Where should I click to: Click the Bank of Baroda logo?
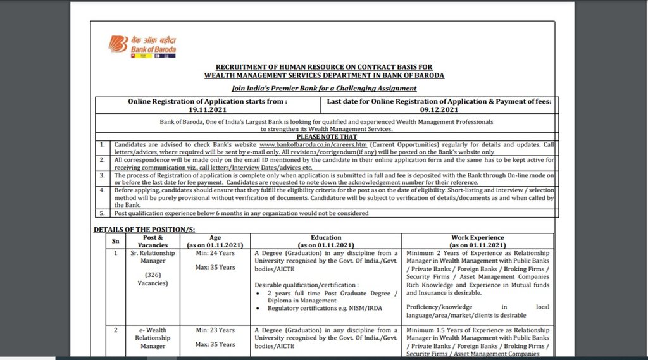click(143, 46)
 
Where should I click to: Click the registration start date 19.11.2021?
click(208, 109)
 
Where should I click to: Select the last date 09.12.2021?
click(439, 109)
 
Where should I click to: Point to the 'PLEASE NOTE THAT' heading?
click(327, 137)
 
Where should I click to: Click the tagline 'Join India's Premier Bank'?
click(324, 89)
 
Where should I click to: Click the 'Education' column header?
click(326, 240)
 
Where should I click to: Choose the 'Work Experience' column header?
click(477, 240)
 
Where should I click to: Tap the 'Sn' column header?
click(115, 241)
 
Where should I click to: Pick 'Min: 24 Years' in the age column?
click(215, 253)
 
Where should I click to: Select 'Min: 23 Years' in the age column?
click(215, 330)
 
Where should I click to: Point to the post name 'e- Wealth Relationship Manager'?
click(152, 338)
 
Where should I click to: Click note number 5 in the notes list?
click(102, 213)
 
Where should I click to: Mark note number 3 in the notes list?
click(102, 174)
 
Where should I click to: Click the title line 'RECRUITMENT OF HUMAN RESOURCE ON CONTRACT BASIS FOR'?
click(324, 67)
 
